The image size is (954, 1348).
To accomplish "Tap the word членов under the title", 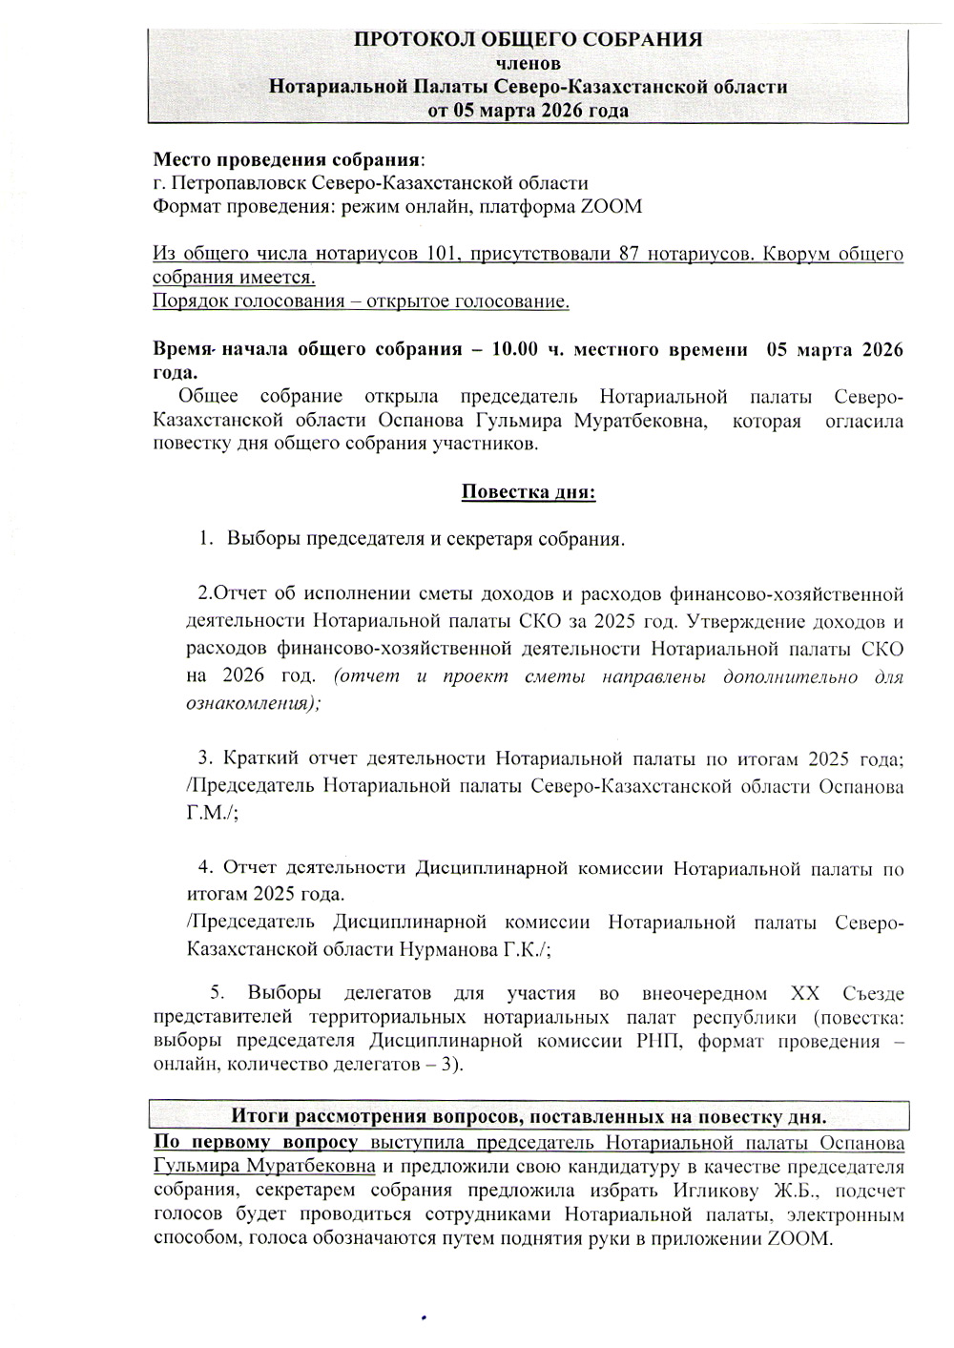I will (x=528, y=63).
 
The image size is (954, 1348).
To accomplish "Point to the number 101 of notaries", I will (x=443, y=255).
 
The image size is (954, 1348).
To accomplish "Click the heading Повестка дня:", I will (x=529, y=492).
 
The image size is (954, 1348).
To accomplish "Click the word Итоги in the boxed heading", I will (x=262, y=1115).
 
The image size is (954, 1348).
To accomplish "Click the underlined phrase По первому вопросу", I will (x=256, y=1142).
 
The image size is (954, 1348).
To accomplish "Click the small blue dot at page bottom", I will (x=424, y=1317).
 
